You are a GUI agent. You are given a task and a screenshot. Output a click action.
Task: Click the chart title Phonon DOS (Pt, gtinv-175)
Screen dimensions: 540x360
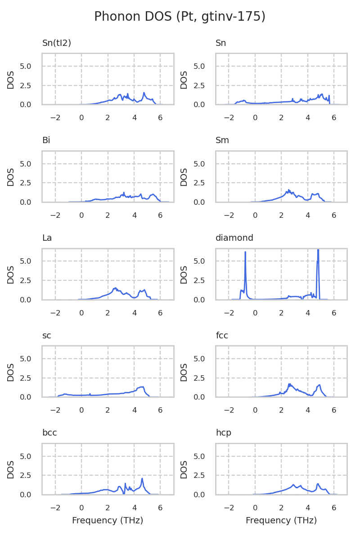180,17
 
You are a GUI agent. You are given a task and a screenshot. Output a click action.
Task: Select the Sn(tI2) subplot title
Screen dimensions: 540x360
57,43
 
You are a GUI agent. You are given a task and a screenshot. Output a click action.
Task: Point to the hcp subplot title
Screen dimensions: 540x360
224,433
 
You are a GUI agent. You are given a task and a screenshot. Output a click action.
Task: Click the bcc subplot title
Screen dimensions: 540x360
49,433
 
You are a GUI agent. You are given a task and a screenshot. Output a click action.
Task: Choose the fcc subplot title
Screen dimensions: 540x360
222,336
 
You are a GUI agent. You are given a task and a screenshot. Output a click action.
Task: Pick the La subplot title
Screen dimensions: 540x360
47,238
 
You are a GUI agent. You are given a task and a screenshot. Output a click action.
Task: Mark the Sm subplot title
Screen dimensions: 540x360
222,140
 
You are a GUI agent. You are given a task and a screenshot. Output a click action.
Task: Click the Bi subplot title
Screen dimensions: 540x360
46,140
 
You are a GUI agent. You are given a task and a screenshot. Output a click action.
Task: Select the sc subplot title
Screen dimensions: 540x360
46,336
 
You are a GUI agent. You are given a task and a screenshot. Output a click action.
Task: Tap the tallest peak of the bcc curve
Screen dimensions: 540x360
142,479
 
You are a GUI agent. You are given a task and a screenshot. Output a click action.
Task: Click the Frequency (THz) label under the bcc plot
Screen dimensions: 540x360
108,521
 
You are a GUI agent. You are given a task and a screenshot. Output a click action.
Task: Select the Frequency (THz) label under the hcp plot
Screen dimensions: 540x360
281,521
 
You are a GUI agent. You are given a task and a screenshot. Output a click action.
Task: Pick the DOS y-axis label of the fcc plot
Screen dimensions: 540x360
184,372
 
